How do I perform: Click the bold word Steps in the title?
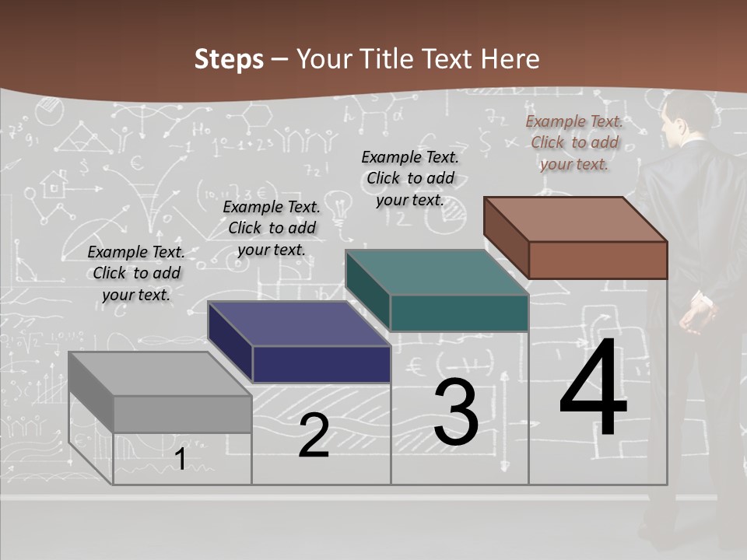point(229,59)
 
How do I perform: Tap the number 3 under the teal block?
point(456,412)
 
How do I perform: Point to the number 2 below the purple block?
point(314,436)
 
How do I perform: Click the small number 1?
point(180,460)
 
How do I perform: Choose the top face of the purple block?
point(299,324)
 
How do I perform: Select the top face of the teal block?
point(437,272)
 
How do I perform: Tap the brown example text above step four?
point(574,142)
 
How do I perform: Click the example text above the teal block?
point(410,178)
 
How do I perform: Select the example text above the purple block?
point(272,228)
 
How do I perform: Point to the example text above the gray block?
point(136,273)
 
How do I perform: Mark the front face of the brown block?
point(598,260)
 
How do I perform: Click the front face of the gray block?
point(182,414)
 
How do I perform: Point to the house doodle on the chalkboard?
point(54,186)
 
